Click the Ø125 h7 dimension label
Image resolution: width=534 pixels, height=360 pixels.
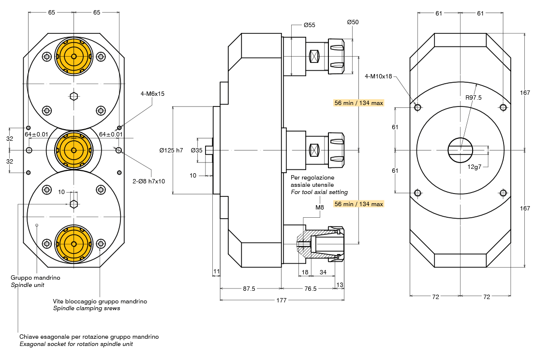tap(171, 150)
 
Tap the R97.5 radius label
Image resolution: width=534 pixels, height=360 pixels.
tap(474, 98)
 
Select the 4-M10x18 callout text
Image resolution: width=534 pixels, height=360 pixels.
tap(378, 76)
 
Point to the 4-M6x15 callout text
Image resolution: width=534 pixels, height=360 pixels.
tap(152, 94)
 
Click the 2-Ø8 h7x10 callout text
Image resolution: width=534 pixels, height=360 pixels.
tap(149, 181)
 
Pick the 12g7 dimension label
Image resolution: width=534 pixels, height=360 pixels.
tap(474, 167)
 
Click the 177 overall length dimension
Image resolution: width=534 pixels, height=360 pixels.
tap(282, 300)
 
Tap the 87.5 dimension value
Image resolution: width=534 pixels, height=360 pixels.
tap(249, 288)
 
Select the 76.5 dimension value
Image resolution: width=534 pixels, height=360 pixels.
tap(310, 288)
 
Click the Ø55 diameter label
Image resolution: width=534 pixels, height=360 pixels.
tap(309, 25)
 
